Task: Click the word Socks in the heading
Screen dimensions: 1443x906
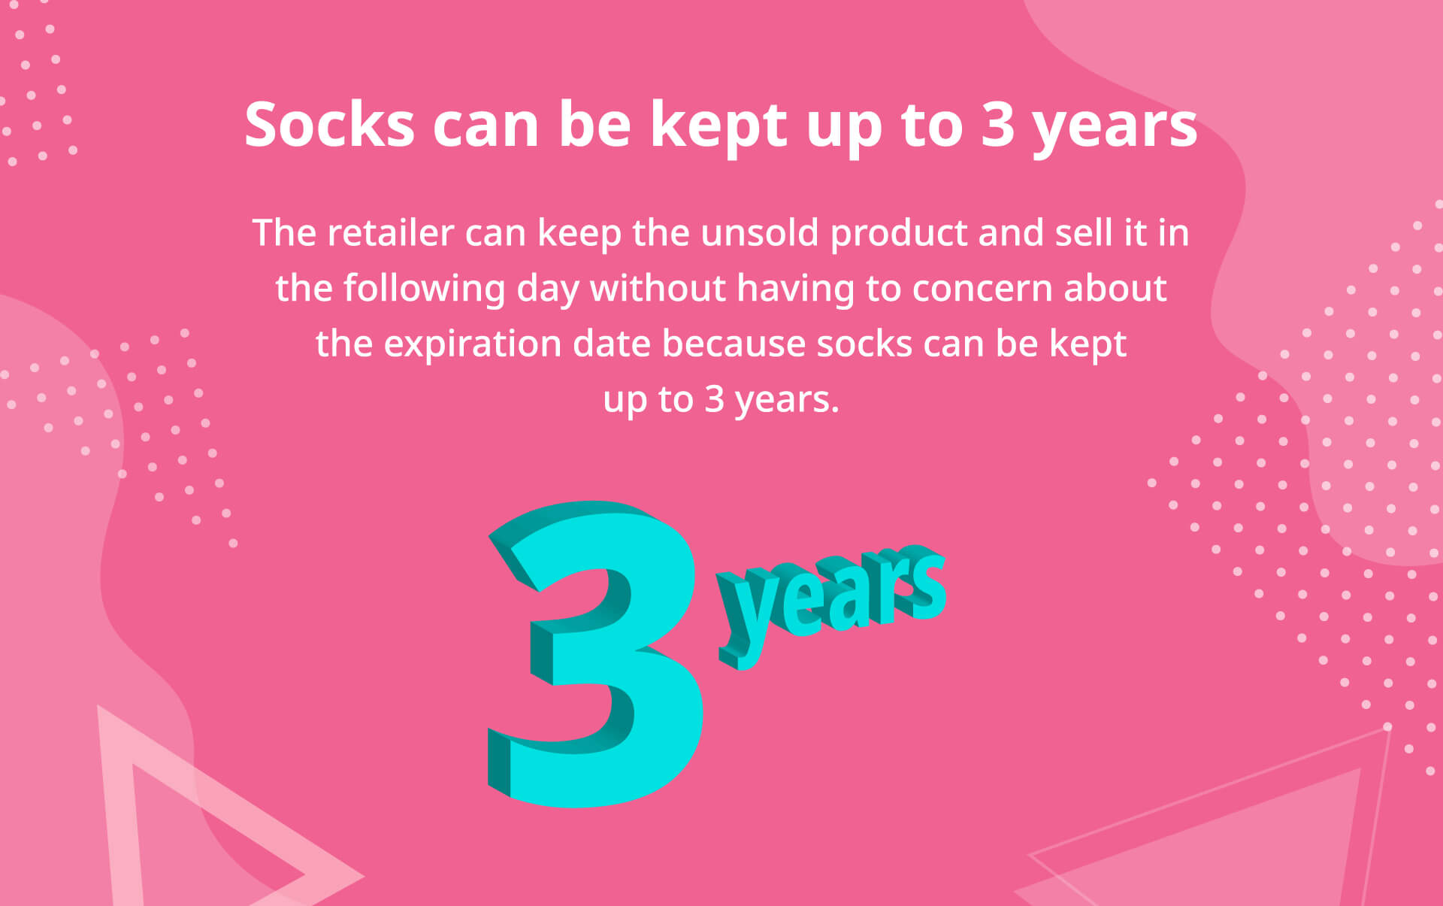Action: point(330,124)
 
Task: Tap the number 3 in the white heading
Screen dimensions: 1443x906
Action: point(998,124)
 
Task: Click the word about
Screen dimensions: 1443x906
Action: point(1115,288)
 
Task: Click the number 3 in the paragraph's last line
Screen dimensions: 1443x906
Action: point(713,399)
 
